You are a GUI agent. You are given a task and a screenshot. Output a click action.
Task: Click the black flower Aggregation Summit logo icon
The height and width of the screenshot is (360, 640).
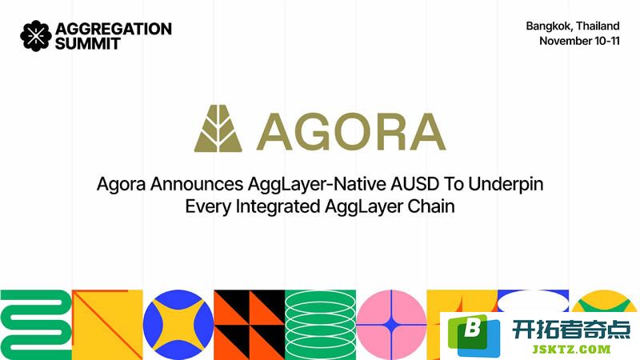point(36,36)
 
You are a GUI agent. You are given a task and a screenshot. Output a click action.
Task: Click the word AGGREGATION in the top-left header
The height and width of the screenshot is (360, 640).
point(114,29)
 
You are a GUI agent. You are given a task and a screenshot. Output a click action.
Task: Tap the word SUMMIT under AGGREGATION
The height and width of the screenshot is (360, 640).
point(88,44)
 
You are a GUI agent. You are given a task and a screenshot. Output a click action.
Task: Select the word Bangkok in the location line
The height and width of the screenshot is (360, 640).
point(549,26)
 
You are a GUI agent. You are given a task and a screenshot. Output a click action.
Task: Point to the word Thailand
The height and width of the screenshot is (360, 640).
point(598,26)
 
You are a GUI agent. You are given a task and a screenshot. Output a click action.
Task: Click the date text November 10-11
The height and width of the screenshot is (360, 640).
point(579,41)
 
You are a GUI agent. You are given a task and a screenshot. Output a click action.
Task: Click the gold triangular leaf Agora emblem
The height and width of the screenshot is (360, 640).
point(218,129)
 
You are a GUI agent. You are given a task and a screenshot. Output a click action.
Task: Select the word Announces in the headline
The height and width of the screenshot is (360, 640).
point(197,184)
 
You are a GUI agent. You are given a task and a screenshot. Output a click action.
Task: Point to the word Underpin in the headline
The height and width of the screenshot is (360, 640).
point(506,185)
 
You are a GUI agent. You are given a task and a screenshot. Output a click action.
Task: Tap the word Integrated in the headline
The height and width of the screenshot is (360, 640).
point(278,206)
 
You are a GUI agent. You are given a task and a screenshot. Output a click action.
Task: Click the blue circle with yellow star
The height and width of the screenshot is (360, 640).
point(178,325)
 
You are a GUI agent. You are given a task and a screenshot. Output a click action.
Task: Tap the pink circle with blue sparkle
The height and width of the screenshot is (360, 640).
point(391,325)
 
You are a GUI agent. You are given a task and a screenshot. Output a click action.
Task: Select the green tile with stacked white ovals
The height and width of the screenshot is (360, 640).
point(321,325)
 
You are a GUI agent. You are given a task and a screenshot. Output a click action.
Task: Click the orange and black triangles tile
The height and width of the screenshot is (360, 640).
point(250,325)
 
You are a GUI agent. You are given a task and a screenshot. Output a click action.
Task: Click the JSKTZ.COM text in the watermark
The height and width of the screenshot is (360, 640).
point(571,350)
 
